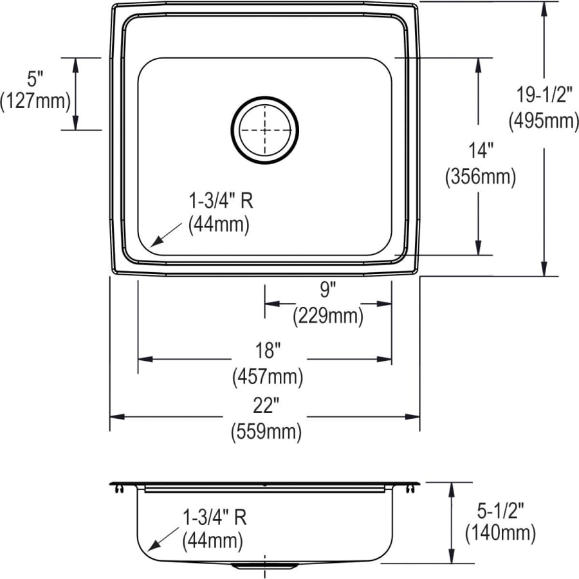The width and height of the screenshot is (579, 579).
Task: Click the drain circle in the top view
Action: (x=265, y=129)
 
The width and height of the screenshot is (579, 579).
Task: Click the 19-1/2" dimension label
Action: (x=544, y=95)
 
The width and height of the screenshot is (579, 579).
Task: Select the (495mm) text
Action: (x=544, y=120)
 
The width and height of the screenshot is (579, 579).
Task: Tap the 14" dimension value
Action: (x=480, y=151)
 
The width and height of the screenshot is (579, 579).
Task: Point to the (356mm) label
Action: (x=480, y=177)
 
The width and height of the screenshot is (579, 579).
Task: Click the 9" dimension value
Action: (x=328, y=290)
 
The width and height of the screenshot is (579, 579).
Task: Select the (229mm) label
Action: (x=328, y=315)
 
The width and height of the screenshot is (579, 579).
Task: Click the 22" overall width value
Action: (x=266, y=407)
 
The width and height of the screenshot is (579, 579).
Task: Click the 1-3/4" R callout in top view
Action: (x=221, y=201)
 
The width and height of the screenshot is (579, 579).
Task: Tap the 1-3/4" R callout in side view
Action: (x=214, y=517)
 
